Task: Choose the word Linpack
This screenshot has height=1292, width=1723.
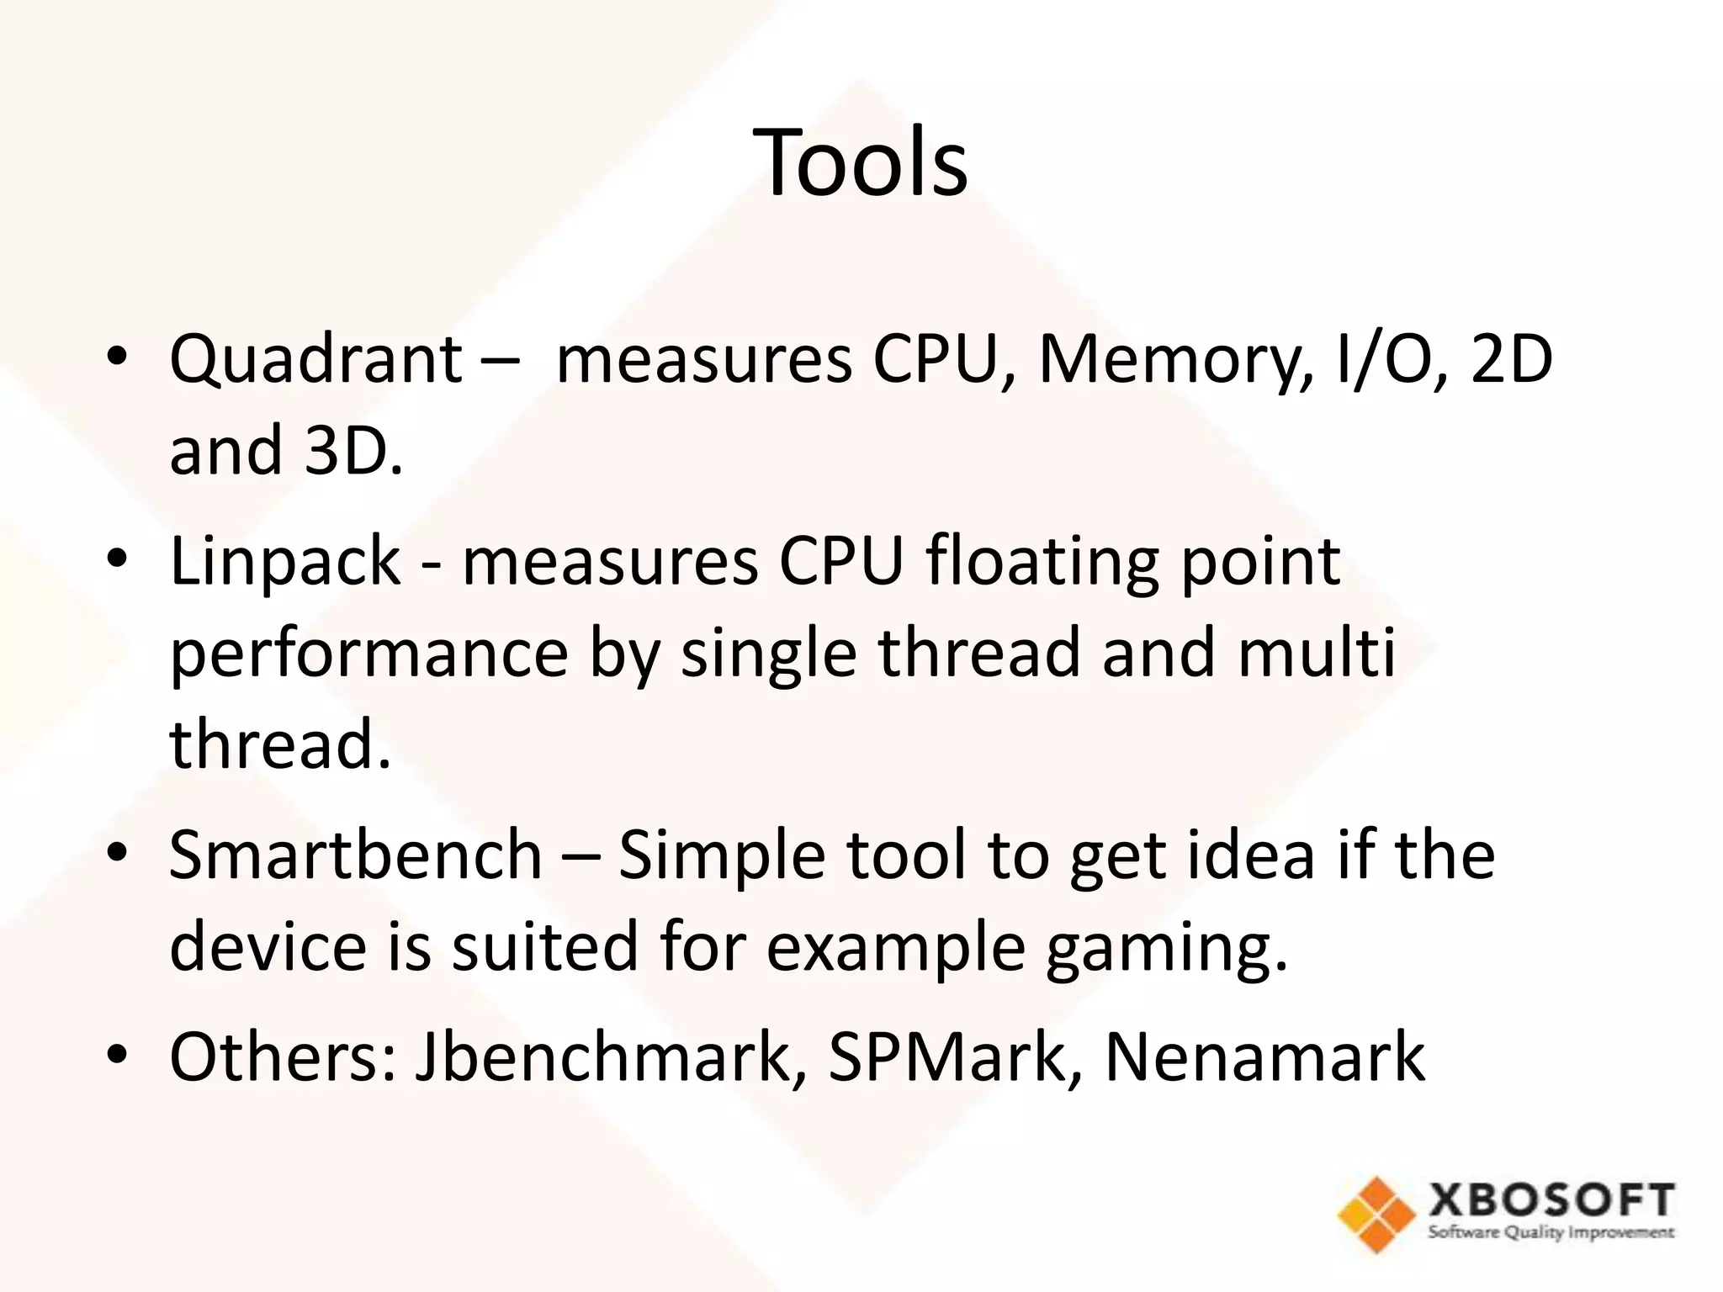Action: pos(285,562)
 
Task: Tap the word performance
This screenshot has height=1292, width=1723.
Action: pos(369,654)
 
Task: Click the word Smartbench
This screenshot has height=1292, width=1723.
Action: pos(355,855)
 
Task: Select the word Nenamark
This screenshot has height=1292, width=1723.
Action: pos(1264,1057)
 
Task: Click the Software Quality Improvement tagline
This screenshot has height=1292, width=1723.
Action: pos(1551,1234)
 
